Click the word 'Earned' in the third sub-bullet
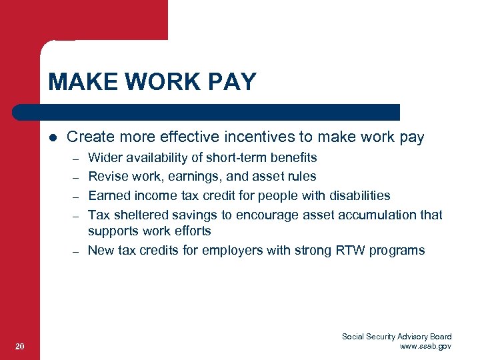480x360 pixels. click(109, 195)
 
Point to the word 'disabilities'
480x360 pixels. click(359, 195)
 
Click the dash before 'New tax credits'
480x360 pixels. click(77, 251)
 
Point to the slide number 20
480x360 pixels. click(20, 346)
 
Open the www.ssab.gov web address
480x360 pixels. click(425, 346)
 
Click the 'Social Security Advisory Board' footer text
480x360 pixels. click(397, 337)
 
